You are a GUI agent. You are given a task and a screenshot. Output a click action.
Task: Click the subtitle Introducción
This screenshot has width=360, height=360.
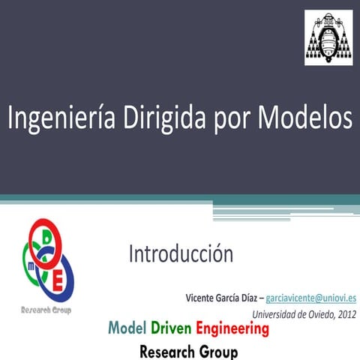point(181,253)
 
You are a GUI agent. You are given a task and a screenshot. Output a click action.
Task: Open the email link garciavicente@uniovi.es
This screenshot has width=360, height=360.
point(311,298)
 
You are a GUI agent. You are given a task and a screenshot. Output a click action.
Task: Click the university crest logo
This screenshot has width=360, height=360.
point(327,37)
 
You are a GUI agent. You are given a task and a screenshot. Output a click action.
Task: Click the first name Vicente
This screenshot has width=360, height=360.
point(202,298)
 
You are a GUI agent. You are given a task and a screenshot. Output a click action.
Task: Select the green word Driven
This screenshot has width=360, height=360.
point(171,328)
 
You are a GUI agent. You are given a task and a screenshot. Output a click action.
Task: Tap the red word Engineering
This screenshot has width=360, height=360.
point(232,328)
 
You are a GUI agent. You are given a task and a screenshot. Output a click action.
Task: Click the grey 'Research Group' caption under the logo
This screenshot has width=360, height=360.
point(46,310)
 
